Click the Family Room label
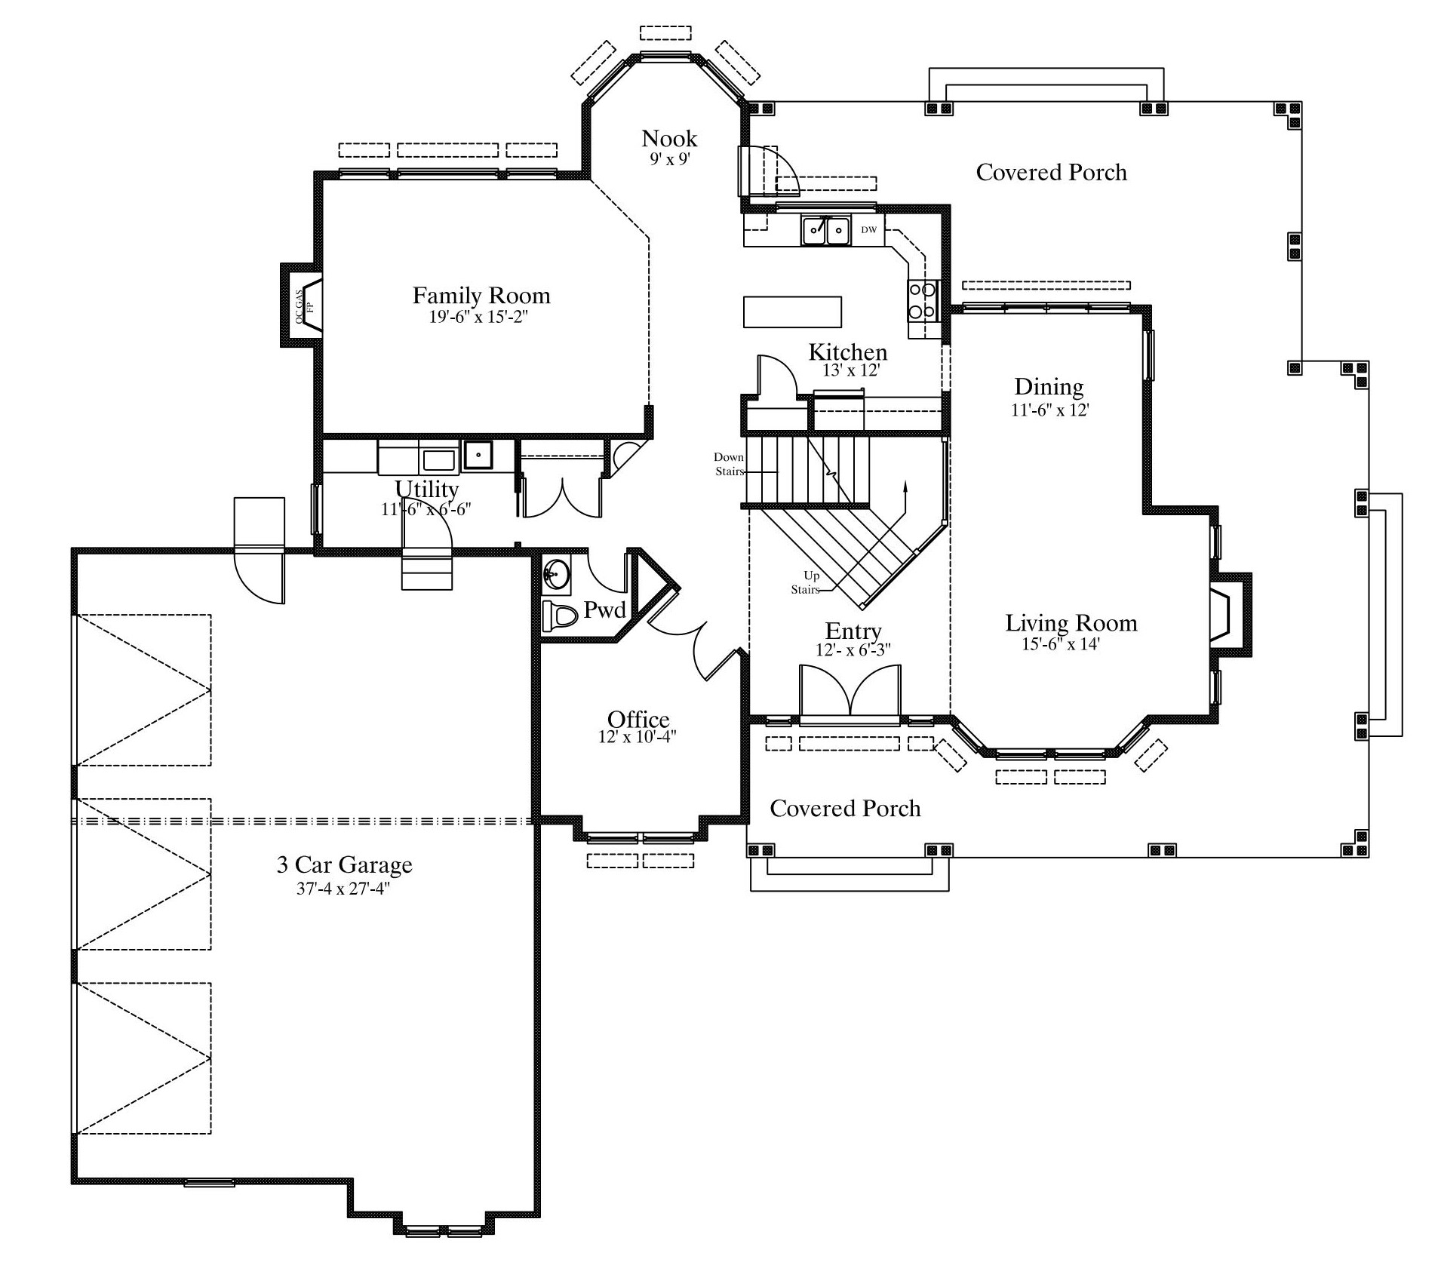point(481,295)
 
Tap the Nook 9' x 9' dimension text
point(670,159)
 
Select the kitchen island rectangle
point(792,312)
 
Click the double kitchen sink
point(826,230)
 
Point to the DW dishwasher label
point(869,229)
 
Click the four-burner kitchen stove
point(923,299)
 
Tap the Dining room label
point(1049,386)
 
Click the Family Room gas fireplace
point(302,306)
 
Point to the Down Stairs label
point(729,464)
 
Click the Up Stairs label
point(807,582)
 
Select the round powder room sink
point(558,574)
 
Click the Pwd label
point(605,610)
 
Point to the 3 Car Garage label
point(344,864)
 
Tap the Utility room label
point(427,489)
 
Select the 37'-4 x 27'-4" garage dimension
point(343,889)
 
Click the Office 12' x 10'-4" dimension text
point(638,737)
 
